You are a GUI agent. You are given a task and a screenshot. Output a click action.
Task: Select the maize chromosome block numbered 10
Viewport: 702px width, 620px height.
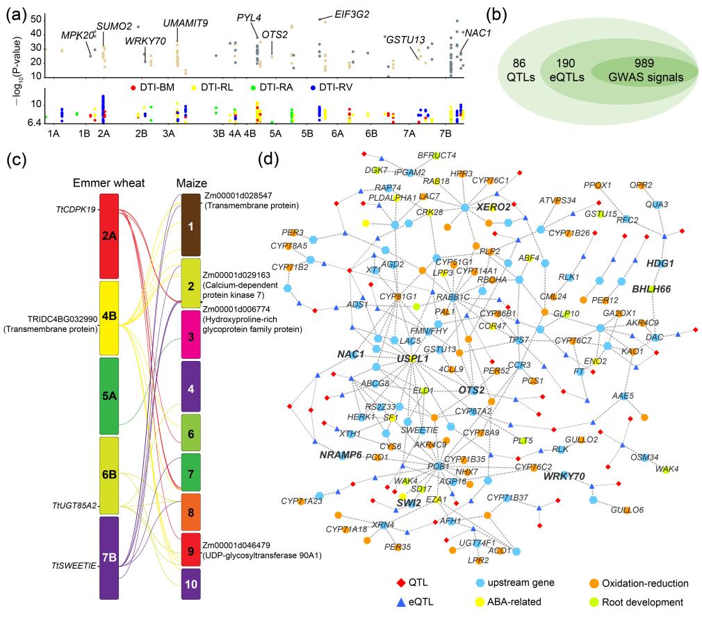191,584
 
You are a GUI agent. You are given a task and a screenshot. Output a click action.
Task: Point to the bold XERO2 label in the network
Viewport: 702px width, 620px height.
493,207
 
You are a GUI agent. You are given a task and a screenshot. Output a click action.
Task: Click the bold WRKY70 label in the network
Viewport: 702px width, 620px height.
564,476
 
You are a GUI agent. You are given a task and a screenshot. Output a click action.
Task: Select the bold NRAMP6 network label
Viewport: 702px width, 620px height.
341,455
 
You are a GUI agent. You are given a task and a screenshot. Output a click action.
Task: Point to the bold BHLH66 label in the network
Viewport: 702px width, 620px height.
651,288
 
